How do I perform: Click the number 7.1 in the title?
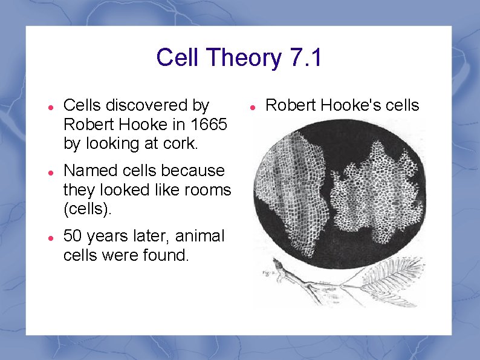click(305, 58)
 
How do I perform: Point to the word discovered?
click(148, 105)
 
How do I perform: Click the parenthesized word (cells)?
click(86, 209)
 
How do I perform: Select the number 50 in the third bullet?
click(73, 236)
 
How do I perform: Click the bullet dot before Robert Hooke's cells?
click(254, 106)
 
